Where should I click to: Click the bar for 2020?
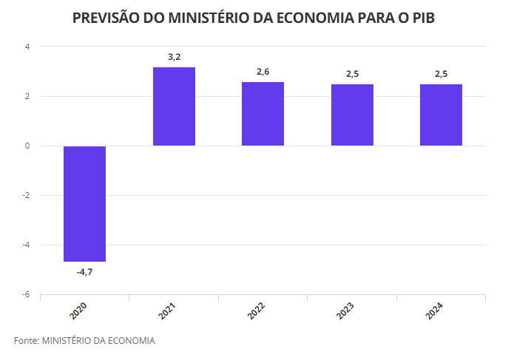click(84, 203)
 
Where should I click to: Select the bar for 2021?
click(174, 106)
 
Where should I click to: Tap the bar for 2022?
click(263, 114)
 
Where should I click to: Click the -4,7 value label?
click(84, 272)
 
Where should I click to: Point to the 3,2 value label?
click(174, 56)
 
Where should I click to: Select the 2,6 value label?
click(263, 71)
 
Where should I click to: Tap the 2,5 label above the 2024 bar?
click(441, 73)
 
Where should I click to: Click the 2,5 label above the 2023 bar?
click(352, 73)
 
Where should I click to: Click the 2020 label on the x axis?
click(78, 310)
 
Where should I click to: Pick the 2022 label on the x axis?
click(257, 310)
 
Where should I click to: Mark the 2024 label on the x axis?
click(435, 310)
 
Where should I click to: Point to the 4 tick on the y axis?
click(27, 47)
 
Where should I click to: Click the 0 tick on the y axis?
click(27, 146)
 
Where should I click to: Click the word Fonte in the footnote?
click(25, 340)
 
